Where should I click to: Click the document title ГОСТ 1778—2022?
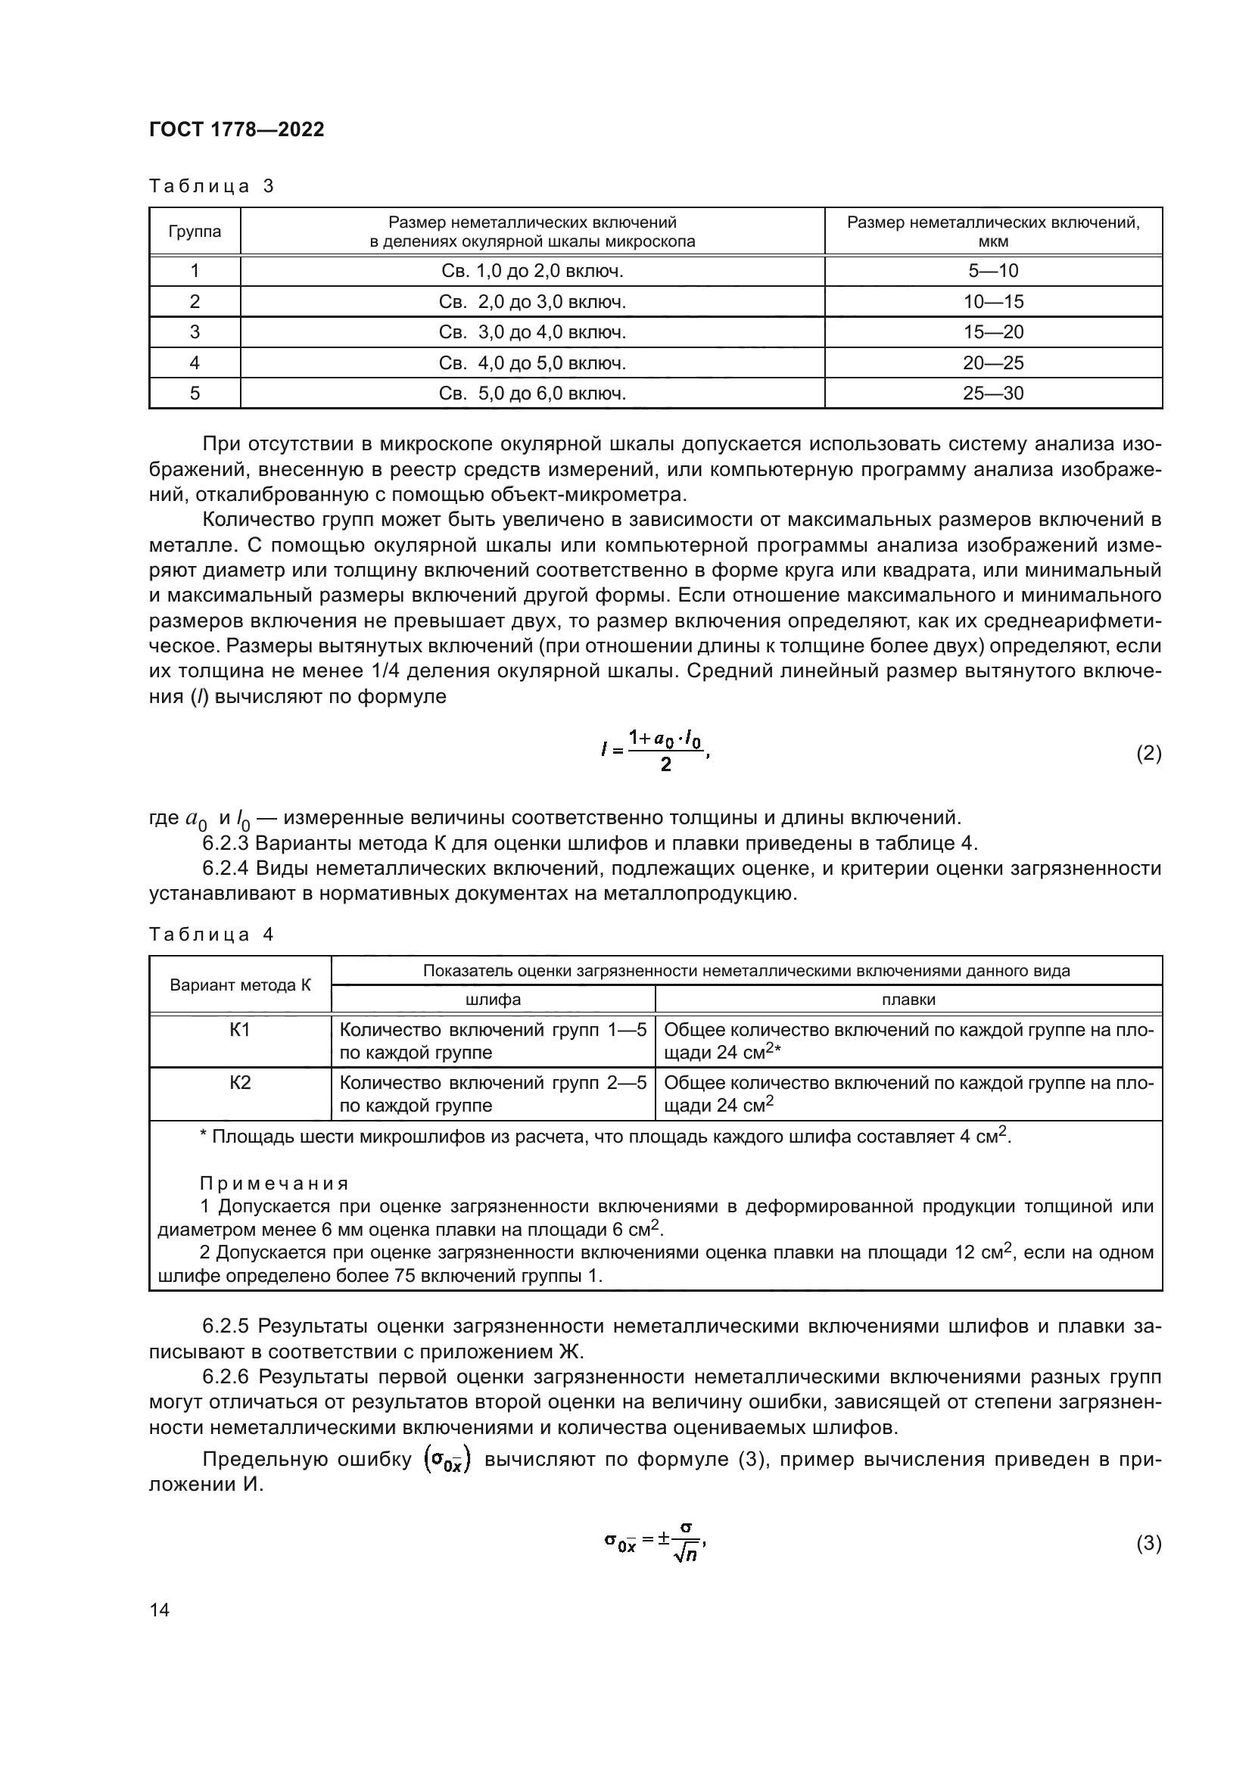tap(237, 129)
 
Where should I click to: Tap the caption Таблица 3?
tap(211, 187)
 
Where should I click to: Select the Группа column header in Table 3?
tap(195, 232)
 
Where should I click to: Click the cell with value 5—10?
tap(993, 271)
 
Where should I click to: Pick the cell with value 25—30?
tap(993, 394)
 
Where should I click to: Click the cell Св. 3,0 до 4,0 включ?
tap(532, 332)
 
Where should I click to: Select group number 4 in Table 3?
tap(195, 363)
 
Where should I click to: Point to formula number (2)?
tap(1149, 753)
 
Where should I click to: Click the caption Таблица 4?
tap(211, 935)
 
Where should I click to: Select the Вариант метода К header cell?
tap(240, 985)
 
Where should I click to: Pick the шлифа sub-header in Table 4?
tap(493, 1000)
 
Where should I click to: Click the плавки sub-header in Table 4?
tap(908, 1000)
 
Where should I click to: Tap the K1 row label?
tap(240, 1030)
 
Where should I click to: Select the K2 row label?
tap(240, 1083)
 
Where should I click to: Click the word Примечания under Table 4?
tap(274, 1184)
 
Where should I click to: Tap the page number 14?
tap(160, 1610)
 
